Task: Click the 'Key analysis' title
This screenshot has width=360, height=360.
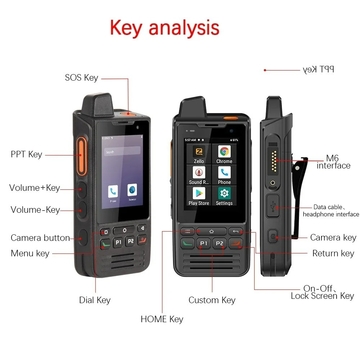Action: tap(177, 26)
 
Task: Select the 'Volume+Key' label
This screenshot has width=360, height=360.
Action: tap(34, 187)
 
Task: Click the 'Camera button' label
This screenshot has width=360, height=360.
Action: tap(41, 238)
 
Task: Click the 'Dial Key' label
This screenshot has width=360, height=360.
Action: tap(95, 299)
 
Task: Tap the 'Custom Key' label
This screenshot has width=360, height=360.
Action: tap(210, 299)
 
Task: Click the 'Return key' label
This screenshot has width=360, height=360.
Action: tap(332, 254)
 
